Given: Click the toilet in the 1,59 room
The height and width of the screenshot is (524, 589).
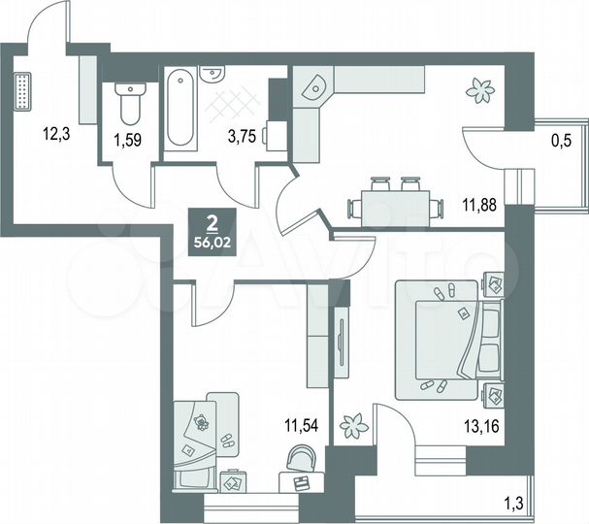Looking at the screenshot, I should tap(128, 103).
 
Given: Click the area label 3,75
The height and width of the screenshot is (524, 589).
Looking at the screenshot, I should tap(241, 136).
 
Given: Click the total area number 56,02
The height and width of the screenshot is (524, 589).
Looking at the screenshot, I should tap(212, 244).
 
